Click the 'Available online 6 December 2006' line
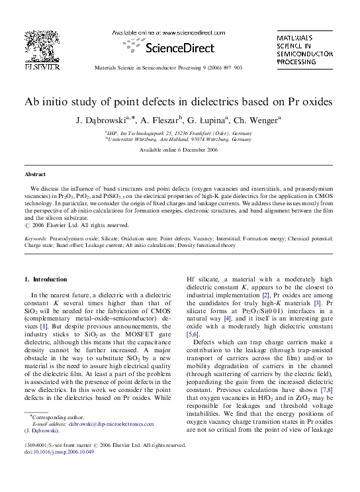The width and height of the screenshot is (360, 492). point(179,150)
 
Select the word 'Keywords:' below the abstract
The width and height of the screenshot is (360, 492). point(35,237)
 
